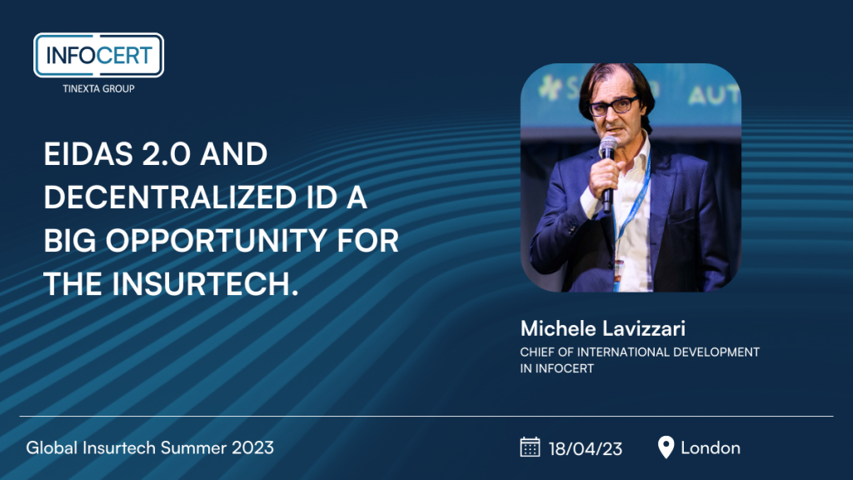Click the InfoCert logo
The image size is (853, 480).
[98, 56]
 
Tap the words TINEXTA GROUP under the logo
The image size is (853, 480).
[98, 88]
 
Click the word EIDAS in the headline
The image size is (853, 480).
[88, 154]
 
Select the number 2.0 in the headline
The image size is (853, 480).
[167, 154]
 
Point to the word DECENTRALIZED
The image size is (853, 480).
[170, 197]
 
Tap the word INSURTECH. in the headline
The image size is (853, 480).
[206, 284]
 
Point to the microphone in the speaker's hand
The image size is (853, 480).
[607, 172]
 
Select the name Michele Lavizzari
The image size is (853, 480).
[603, 328]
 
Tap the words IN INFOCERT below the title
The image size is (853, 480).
[556, 368]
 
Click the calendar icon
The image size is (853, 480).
[530, 447]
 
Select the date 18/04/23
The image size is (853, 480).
[586, 448]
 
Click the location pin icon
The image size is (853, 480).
[666, 447]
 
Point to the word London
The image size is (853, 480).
[711, 447]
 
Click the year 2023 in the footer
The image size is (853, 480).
[253, 447]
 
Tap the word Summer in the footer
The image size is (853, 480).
[193, 447]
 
